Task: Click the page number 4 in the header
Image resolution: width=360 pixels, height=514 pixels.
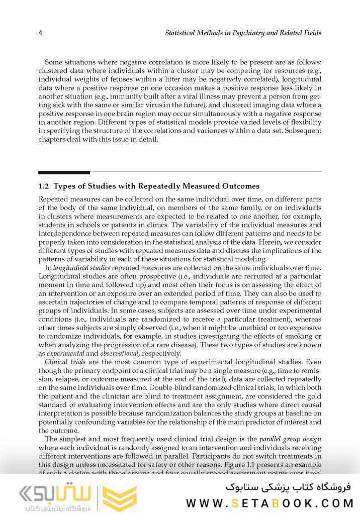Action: pos(40,33)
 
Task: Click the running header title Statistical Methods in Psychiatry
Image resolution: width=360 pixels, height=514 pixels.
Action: pos(243,33)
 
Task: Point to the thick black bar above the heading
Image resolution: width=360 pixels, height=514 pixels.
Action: pos(64,173)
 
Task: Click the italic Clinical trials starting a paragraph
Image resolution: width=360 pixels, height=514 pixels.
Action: pos(64,362)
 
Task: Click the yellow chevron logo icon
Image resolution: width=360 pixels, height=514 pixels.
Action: pos(120,498)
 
